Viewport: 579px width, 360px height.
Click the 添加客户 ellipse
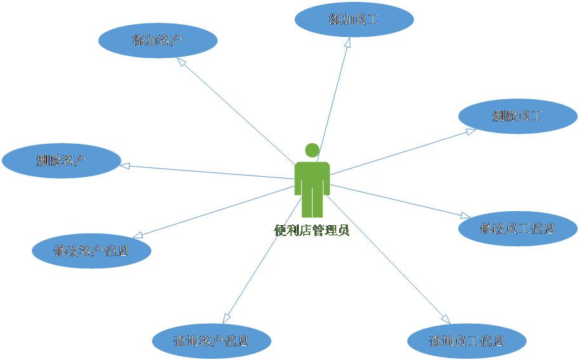[x=158, y=41]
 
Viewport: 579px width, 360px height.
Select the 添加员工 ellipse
[x=354, y=19]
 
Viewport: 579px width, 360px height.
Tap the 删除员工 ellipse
[x=518, y=116]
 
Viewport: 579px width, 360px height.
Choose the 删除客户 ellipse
[x=61, y=160]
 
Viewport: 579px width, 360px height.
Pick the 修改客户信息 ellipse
[x=92, y=251]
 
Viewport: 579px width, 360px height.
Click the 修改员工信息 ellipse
[x=518, y=228]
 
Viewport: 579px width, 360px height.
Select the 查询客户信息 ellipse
[x=212, y=340]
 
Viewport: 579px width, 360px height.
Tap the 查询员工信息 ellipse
[x=467, y=340]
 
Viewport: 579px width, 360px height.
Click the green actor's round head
[x=312, y=151]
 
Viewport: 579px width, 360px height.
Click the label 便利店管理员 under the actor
[x=311, y=230]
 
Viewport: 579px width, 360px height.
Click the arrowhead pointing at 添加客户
[x=181, y=63]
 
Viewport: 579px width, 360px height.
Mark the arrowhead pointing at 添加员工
[x=348, y=43]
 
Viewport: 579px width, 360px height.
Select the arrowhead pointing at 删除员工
[x=470, y=132]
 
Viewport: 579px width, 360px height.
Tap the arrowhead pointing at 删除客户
[x=125, y=166]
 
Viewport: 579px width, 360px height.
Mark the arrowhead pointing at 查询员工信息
[x=445, y=317]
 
